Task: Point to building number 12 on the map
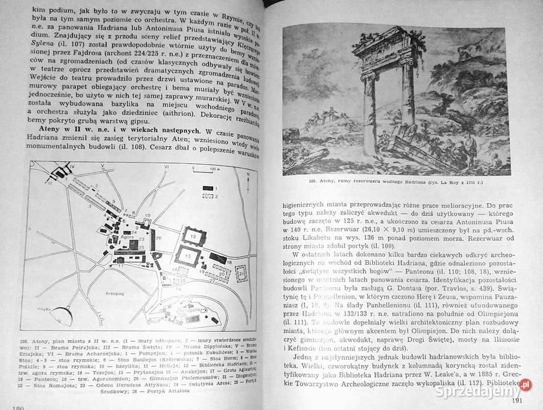tap(193, 235)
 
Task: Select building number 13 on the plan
tap(187, 257)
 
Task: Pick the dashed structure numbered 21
tap(242, 275)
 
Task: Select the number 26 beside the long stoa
tap(159, 238)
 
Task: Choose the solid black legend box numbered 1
tap(205, 187)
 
